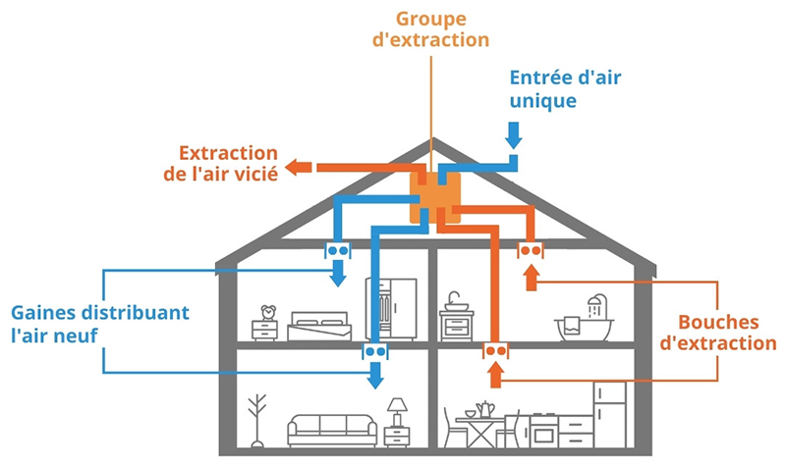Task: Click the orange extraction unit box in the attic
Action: tap(432, 199)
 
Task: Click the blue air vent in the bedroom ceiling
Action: tap(338, 251)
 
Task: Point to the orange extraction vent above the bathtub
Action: tap(531, 251)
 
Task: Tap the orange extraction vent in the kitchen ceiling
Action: tap(494, 351)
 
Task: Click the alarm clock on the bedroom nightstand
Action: tap(267, 313)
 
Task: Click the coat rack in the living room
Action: tap(257, 419)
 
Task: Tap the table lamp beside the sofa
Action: tap(397, 410)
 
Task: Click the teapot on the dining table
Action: tap(483, 407)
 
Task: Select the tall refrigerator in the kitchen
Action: tap(610, 413)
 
